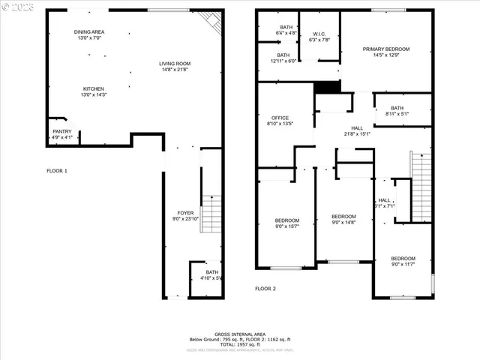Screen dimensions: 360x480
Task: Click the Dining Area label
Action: pos(88,34)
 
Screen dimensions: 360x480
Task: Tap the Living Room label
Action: pos(175,66)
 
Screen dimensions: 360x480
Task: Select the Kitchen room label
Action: pos(93,91)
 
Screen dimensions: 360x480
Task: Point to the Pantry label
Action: pos(62,134)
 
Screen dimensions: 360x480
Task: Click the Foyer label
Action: pos(185,216)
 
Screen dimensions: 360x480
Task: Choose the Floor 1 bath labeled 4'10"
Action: pos(212,275)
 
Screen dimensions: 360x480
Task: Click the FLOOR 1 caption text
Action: pos(57,171)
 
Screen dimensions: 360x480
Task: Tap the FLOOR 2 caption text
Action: pos(265,289)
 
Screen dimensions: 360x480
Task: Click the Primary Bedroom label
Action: pos(386,52)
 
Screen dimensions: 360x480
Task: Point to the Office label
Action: pos(280,121)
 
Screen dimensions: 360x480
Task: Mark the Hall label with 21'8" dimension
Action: pos(357,131)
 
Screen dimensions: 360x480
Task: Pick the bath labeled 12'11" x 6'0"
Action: pos(283,58)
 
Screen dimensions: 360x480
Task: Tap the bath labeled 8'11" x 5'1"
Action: pos(397,110)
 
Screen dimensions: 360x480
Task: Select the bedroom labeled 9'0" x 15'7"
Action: pos(286,223)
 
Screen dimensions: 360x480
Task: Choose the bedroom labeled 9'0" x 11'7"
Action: pos(403,262)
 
